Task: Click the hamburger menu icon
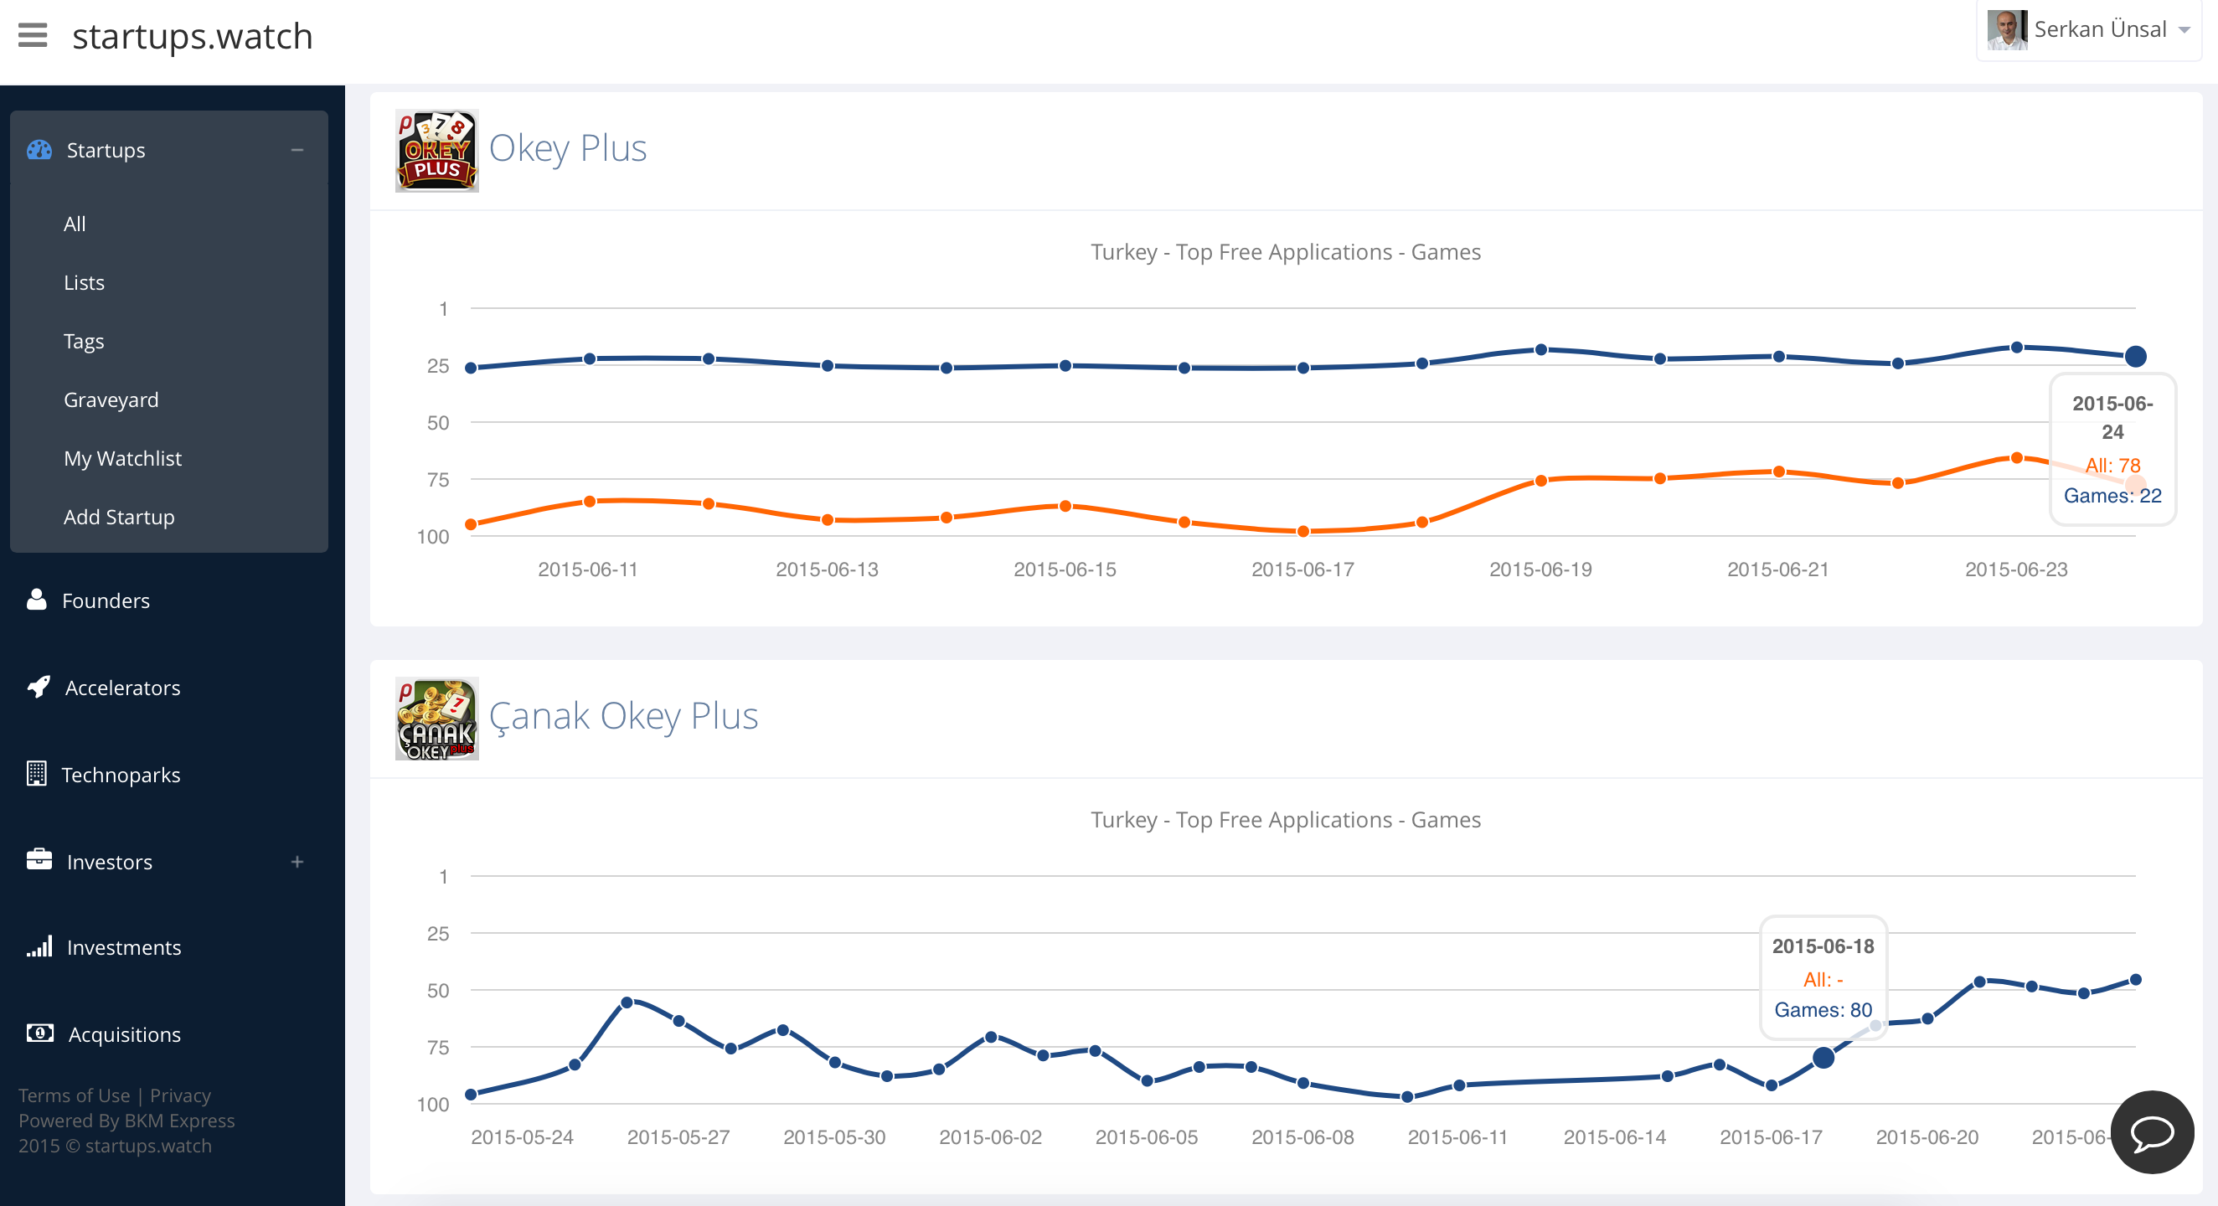tap(33, 36)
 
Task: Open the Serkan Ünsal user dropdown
tap(2089, 30)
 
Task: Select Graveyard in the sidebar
tap(111, 400)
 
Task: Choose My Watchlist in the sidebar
tap(122, 459)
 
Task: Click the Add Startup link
tap(119, 518)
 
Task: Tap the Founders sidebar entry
tap(105, 600)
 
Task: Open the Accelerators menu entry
tap(122, 688)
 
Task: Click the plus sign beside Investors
tap(297, 862)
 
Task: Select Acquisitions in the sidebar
tap(124, 1034)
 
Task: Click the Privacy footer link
tap(180, 1095)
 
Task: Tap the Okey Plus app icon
tap(436, 151)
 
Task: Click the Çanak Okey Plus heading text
tap(623, 716)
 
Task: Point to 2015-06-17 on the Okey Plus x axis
tap(1302, 569)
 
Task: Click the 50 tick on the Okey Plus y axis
tap(438, 423)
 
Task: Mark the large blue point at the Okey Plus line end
tap(2135, 357)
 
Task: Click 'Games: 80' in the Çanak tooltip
tap(1823, 1010)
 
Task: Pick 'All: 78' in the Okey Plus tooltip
tap(2112, 466)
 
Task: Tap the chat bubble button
tap(2152, 1132)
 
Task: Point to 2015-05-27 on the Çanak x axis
tap(678, 1138)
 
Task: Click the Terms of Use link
tap(74, 1095)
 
